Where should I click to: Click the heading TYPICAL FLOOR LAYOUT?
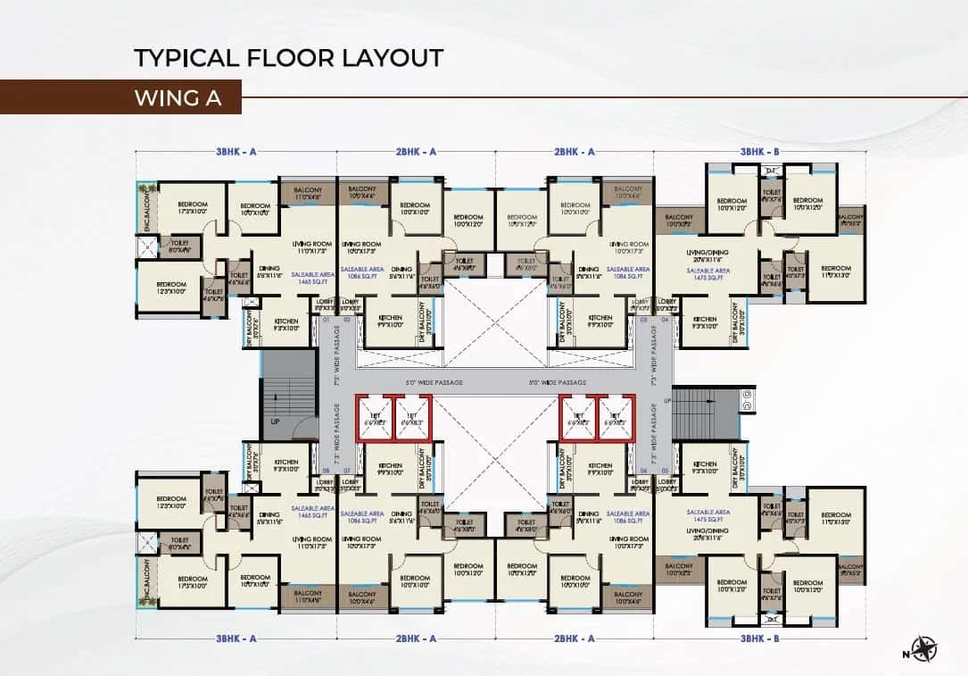tap(288, 58)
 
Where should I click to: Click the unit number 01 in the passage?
tap(326, 320)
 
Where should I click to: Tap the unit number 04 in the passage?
tap(665, 320)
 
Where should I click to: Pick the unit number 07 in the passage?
tap(347, 471)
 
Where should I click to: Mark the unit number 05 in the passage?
tap(665, 471)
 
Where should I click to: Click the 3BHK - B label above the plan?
tap(759, 153)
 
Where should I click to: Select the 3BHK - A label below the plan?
tap(236, 638)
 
